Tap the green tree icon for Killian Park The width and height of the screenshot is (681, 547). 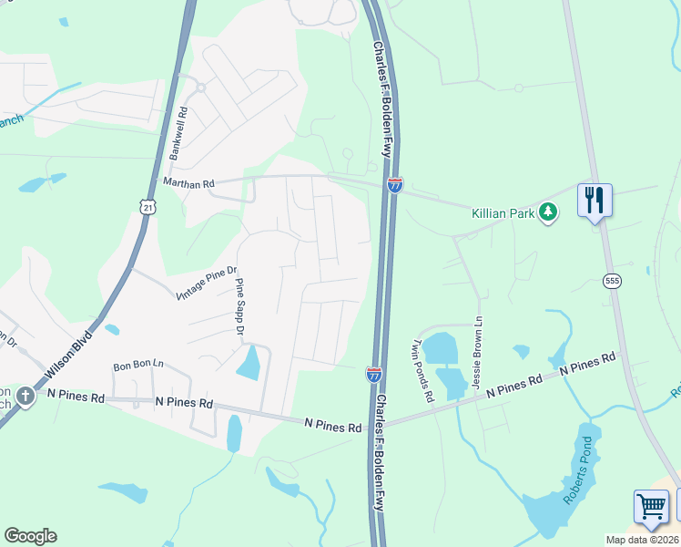pyautogui.click(x=547, y=212)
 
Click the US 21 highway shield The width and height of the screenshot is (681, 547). pyautogui.click(x=148, y=207)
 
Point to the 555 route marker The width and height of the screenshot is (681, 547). pyautogui.click(x=609, y=282)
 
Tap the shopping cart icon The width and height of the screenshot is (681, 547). pyautogui.click(x=651, y=507)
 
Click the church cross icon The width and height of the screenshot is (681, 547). pyautogui.click(x=25, y=397)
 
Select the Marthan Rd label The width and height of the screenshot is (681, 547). pyautogui.click(x=188, y=183)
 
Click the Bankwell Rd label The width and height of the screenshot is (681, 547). pyautogui.click(x=179, y=134)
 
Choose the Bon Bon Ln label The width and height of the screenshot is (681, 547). pyautogui.click(x=137, y=366)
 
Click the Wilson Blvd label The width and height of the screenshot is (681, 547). pyautogui.click(x=70, y=354)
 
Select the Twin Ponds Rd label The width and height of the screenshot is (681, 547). pyautogui.click(x=423, y=370)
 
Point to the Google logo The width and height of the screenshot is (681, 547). pyautogui.click(x=30, y=536)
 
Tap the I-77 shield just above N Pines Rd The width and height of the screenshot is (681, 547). pyautogui.click(x=374, y=373)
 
